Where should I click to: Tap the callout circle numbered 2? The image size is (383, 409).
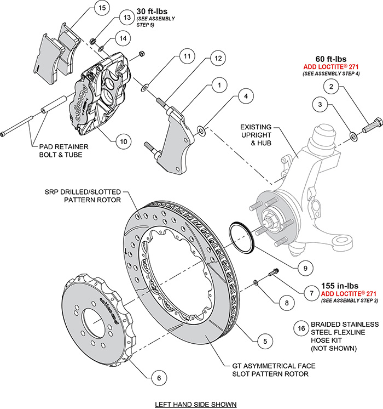pyautogui.click(x=330, y=86)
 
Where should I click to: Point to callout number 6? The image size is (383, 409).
pyautogui.click(x=158, y=377)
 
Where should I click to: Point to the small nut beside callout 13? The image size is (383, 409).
pyautogui.click(x=94, y=40)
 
